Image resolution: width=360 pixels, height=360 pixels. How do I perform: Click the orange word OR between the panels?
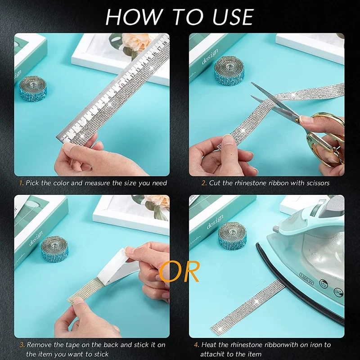[179, 271]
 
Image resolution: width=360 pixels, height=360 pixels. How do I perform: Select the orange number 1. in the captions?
[22, 183]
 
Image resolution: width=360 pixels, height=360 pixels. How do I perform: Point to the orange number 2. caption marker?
[204, 183]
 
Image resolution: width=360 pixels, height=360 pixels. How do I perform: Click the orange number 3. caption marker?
[22, 345]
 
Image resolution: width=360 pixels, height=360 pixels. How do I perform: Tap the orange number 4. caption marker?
[197, 345]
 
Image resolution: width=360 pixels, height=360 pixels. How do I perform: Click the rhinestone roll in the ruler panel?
[33, 89]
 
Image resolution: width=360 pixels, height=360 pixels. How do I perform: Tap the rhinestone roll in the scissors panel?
[229, 71]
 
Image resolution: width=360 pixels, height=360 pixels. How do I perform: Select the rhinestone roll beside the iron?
[232, 236]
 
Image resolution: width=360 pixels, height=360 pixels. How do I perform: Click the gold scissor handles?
[325, 138]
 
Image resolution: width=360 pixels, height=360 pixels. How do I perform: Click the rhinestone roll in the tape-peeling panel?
[55, 249]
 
